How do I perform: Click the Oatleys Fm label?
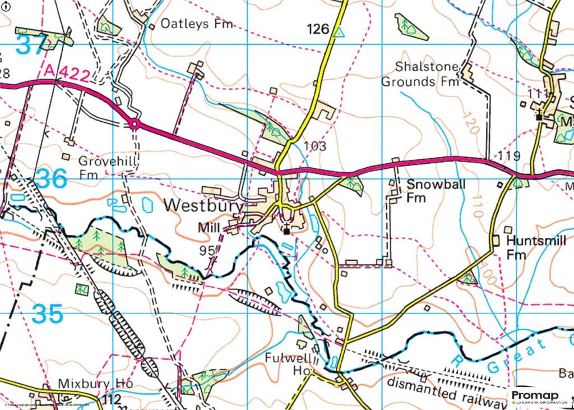pos(196,24)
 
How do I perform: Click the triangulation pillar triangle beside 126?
pos(337,33)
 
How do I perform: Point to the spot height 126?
pos(317,29)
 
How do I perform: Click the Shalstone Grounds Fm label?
pos(420,74)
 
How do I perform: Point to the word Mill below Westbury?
pos(209,228)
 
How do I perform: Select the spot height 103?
pos(314,146)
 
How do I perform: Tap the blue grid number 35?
pos(47,315)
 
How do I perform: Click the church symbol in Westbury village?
pos(286,229)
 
